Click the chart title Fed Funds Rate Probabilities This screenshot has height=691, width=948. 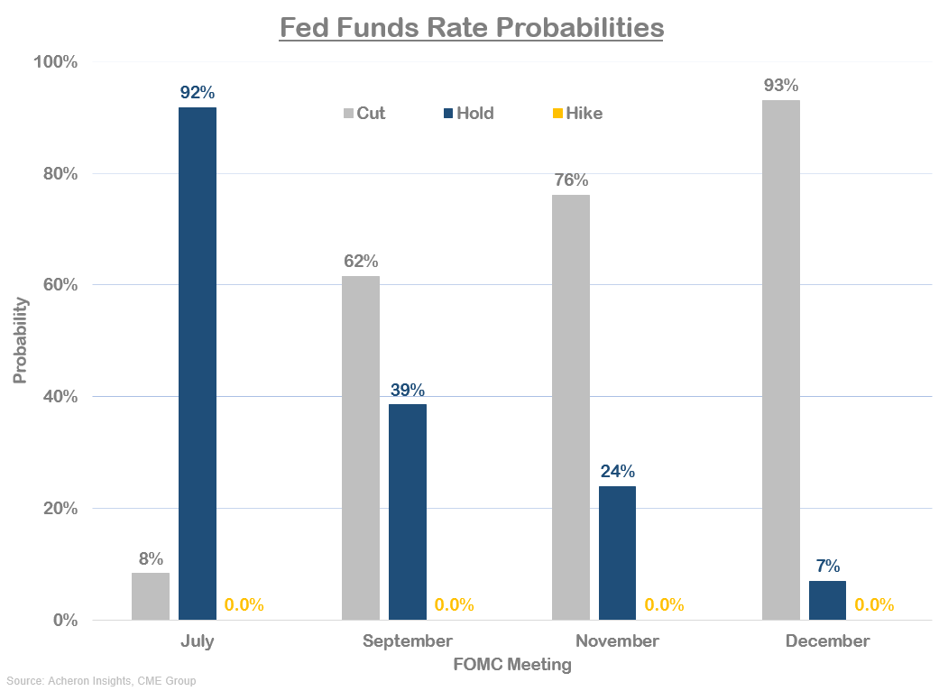click(471, 28)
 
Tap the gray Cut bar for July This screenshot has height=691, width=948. click(151, 596)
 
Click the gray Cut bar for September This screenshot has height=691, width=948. click(361, 447)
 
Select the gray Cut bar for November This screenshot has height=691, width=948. click(571, 407)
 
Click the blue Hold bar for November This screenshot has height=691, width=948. click(617, 553)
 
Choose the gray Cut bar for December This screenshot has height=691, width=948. click(781, 360)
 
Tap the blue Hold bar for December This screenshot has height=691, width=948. click(827, 600)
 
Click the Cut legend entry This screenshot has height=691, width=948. click(364, 114)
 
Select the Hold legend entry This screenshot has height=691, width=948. click(467, 114)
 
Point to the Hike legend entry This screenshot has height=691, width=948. click(576, 114)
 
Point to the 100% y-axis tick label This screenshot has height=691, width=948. click(55, 62)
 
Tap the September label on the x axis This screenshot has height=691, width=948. click(407, 641)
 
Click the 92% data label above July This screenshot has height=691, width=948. click(197, 93)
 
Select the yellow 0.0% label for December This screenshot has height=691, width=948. click(874, 605)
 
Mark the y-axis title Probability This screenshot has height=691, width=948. click(20, 341)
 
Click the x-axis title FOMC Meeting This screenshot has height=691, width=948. click(512, 665)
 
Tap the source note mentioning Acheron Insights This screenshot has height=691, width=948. click(101, 681)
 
